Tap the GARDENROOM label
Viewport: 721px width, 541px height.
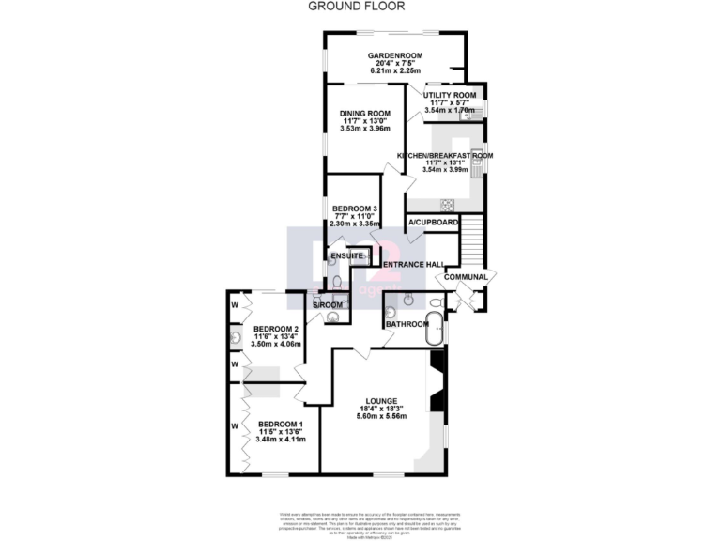(x=395, y=55)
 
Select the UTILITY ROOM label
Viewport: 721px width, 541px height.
(x=451, y=95)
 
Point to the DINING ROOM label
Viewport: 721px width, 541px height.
(x=365, y=113)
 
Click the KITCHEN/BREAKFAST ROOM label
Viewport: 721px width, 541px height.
(x=445, y=155)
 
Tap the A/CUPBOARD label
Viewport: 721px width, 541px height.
(x=432, y=223)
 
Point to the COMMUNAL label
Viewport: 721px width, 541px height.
(x=466, y=277)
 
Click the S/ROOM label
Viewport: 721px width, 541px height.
(x=329, y=303)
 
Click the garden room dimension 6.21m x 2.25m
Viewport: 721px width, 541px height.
(x=395, y=70)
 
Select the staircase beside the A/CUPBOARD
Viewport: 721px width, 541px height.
(x=471, y=239)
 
